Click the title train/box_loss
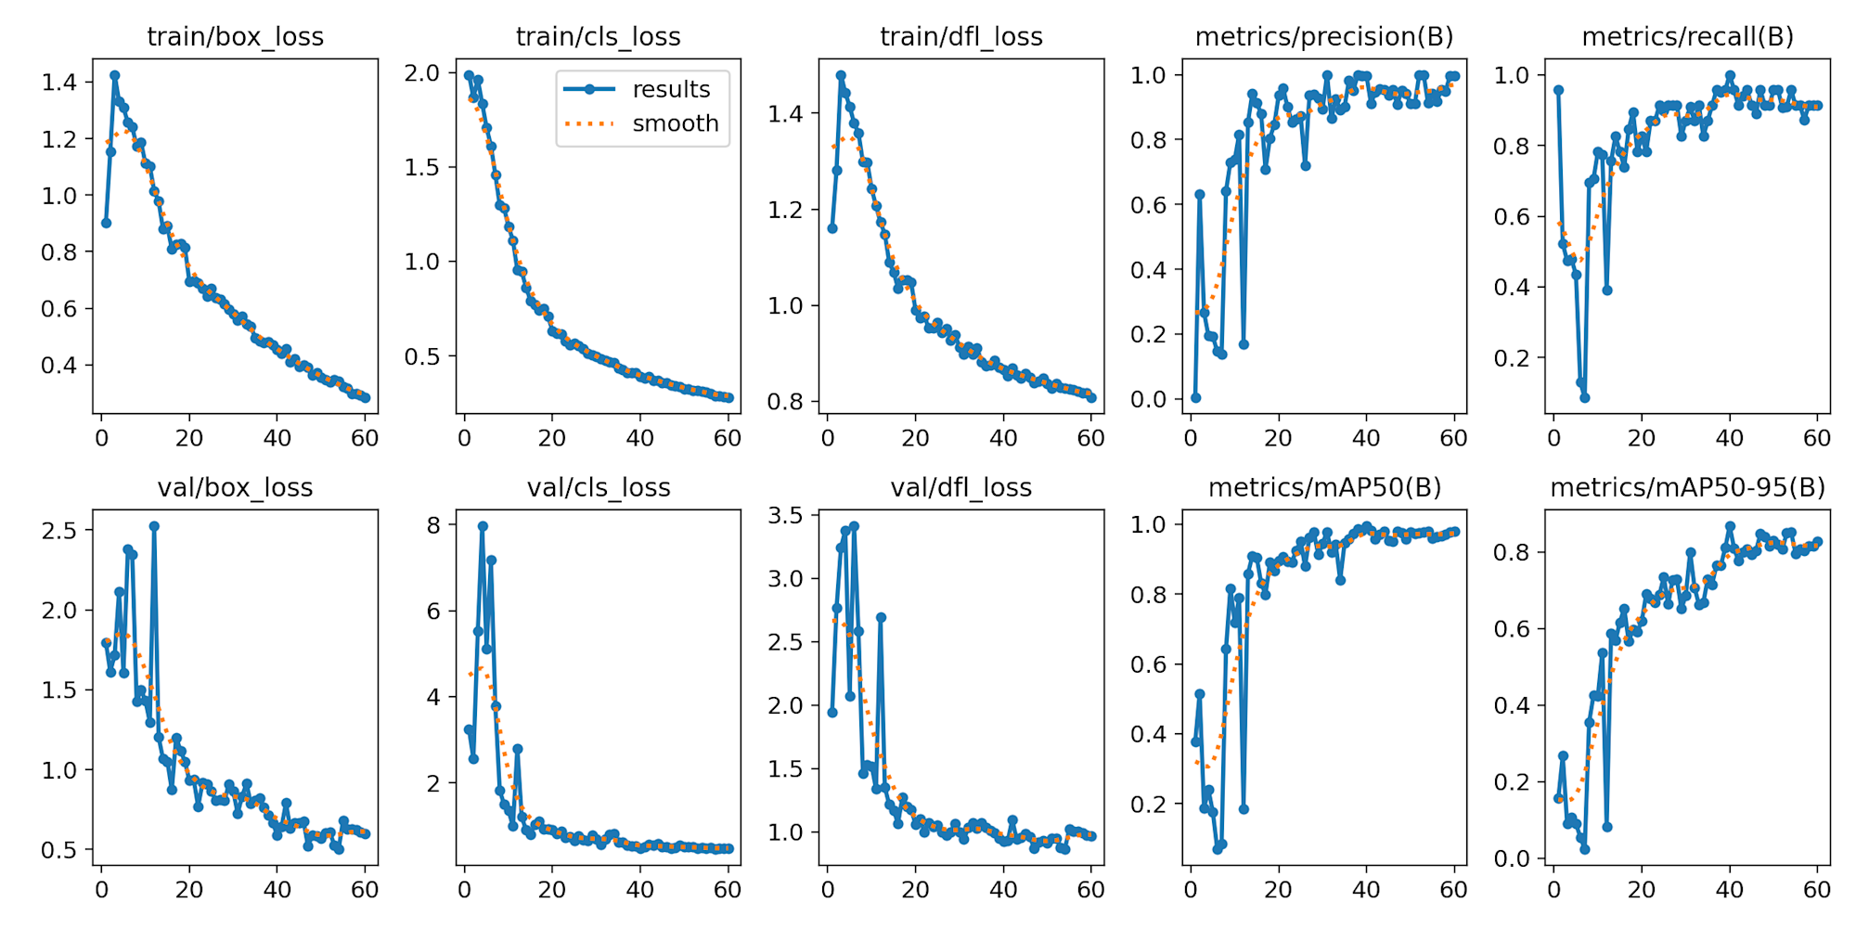point(236,37)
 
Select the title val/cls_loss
point(599,488)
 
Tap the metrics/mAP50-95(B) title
point(1687,488)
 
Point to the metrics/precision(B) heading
point(1324,37)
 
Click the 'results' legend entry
point(671,89)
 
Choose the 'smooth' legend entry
point(676,123)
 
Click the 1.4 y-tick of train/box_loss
point(59,83)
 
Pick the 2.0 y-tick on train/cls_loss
point(422,73)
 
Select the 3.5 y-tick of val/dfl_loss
point(785,516)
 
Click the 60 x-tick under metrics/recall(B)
point(1817,438)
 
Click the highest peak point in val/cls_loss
point(483,526)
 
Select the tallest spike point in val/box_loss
point(154,526)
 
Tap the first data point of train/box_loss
point(106,223)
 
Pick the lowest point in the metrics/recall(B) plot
point(1585,397)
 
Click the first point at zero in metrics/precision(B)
point(1195,398)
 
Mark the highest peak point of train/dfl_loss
point(841,75)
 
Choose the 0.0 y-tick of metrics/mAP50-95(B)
point(1512,859)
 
